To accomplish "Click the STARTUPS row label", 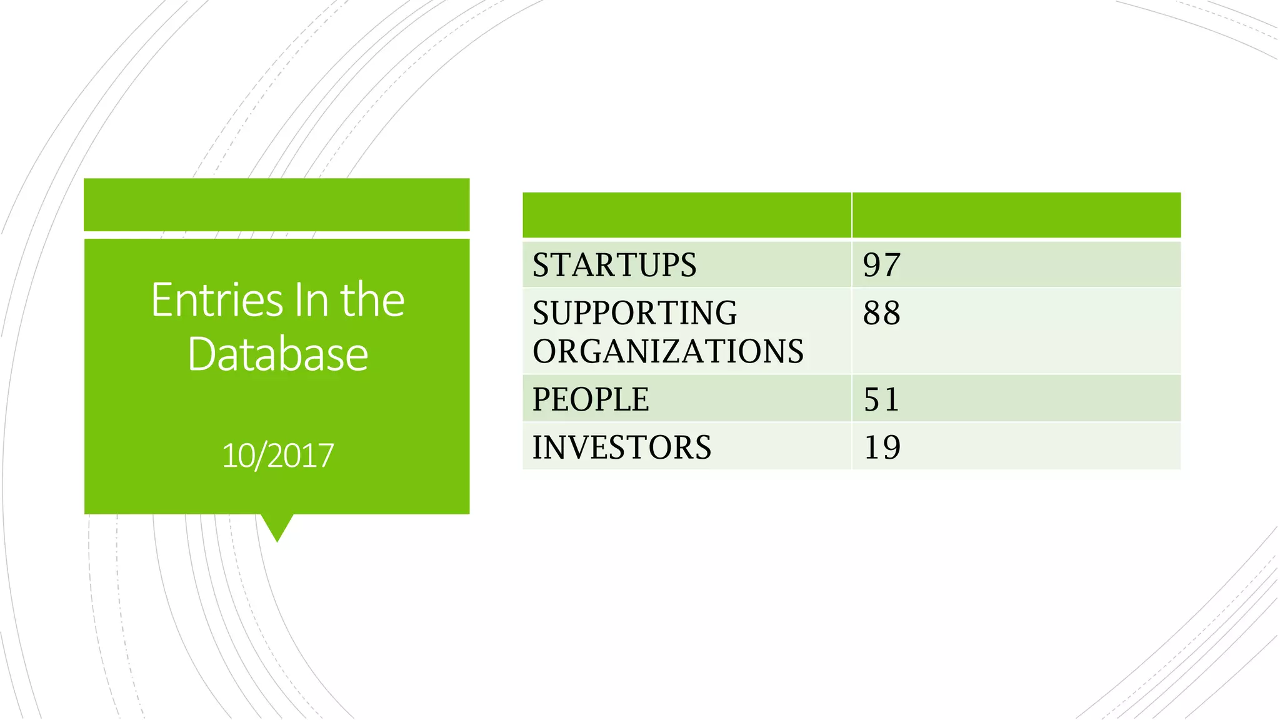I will tap(614, 265).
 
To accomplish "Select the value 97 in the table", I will tap(881, 265).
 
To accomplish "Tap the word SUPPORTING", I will tap(634, 313).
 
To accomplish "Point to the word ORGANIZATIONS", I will tap(667, 351).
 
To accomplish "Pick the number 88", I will tap(881, 313).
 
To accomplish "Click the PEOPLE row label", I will tap(591, 399).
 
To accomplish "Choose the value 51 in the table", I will tap(881, 399).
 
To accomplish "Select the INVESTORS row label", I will tap(621, 447).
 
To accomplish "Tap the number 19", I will tap(881, 447).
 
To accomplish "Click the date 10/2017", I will tap(277, 456).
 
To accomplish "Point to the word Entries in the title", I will tap(217, 301).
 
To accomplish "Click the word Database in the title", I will tap(277, 354).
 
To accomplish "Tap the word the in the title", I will tap(372, 301).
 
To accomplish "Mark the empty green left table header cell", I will tap(686, 215).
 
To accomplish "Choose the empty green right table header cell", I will tap(1016, 215).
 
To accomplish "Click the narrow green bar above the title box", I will tap(277, 204).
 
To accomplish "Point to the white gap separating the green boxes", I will tap(277, 235).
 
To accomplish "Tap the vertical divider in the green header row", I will tap(851, 215).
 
